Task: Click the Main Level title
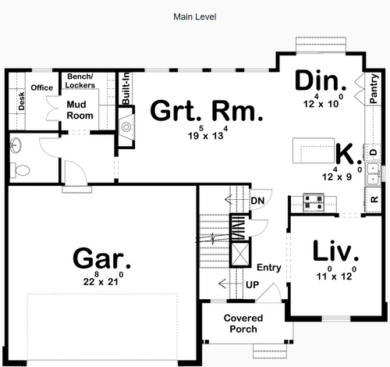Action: click(195, 17)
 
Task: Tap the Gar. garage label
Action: click(101, 258)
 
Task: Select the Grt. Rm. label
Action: click(207, 111)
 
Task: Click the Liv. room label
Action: click(335, 250)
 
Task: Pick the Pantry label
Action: click(374, 89)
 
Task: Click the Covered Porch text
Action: click(243, 323)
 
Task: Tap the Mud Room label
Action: click(80, 110)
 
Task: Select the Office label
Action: click(42, 87)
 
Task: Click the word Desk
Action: click(21, 101)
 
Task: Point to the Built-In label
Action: click(126, 88)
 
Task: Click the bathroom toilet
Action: click(19, 170)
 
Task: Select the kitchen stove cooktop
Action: click(314, 202)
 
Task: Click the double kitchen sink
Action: click(373, 173)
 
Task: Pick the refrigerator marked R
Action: click(374, 200)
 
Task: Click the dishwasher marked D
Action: click(374, 152)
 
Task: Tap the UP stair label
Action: click(252, 285)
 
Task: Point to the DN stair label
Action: click(257, 201)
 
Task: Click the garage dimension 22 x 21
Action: click(103, 279)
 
